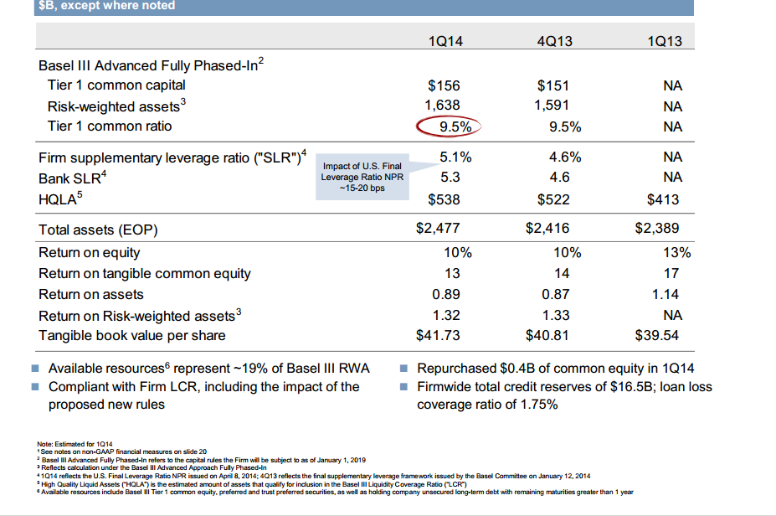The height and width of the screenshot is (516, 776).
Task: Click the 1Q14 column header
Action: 444,40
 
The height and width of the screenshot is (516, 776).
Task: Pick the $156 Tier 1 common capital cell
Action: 444,85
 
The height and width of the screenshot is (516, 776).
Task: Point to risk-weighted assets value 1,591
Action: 552,106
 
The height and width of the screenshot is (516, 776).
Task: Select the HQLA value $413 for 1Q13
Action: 663,199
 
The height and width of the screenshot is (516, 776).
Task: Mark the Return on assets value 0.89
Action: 448,294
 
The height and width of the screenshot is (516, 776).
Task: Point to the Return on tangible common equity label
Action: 145,273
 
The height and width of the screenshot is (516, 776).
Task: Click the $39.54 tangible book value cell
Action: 657,336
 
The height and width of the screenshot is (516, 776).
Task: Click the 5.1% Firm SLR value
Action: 455,157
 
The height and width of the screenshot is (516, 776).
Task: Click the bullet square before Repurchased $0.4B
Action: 403,369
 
